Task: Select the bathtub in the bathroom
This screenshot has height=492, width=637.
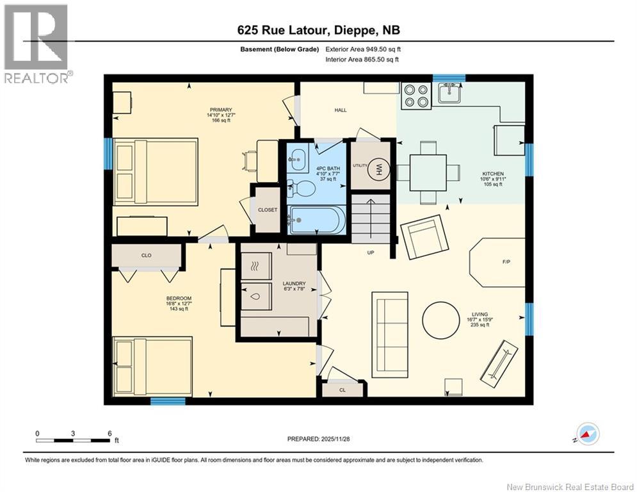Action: click(x=317, y=220)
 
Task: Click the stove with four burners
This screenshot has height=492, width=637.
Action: click(x=415, y=95)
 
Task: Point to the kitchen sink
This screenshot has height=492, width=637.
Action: click(x=450, y=95)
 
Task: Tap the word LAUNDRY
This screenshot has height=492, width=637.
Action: click(x=293, y=283)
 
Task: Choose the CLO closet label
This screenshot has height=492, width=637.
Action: click(x=146, y=255)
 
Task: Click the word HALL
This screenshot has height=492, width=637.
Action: click(x=341, y=110)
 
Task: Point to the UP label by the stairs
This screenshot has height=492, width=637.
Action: click(x=370, y=252)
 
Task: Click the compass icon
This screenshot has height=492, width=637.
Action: click(x=588, y=434)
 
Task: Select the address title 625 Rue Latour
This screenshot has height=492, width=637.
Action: click(x=318, y=30)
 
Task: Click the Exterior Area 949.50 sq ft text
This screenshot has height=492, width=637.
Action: click(x=363, y=49)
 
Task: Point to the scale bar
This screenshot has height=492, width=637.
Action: click(x=74, y=440)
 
